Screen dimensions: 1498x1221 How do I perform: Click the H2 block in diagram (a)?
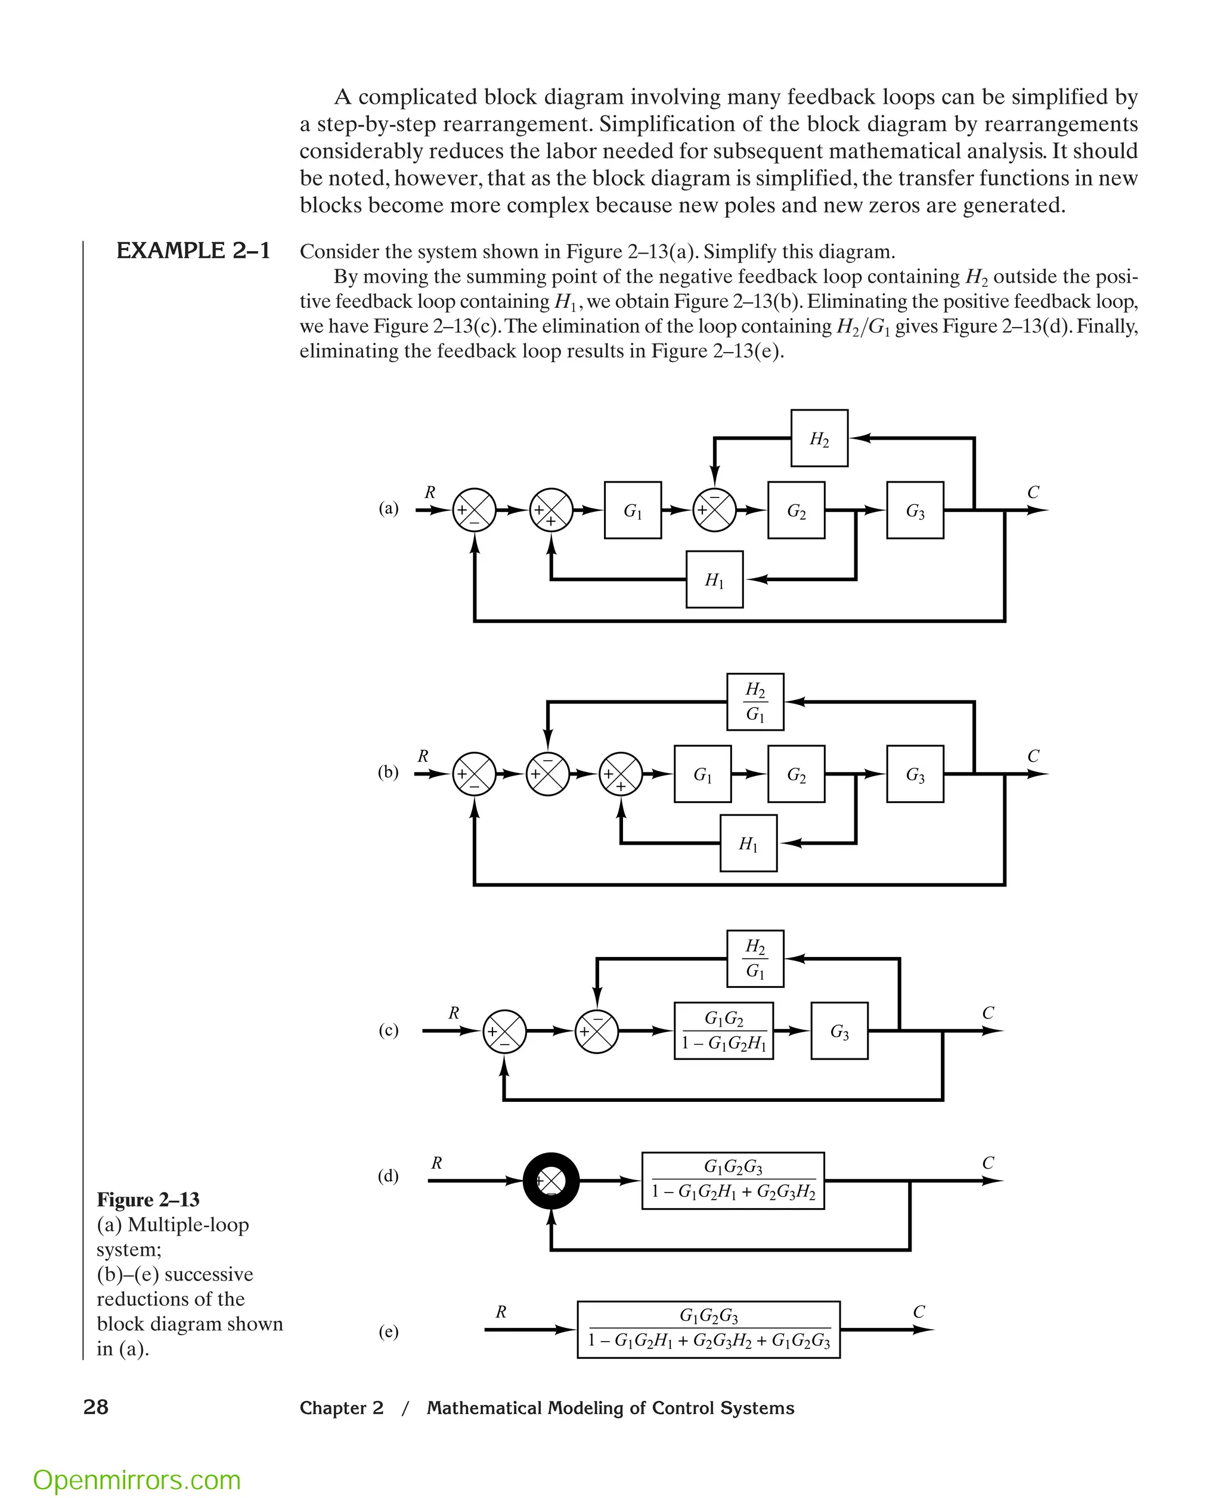(819, 438)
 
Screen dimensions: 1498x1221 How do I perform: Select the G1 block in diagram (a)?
(633, 510)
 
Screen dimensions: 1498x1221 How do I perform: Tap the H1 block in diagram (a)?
(714, 579)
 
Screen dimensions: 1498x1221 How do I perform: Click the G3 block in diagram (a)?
(915, 510)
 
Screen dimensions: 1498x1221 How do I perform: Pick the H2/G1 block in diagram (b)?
(755, 702)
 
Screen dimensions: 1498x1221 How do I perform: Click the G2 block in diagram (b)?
(795, 774)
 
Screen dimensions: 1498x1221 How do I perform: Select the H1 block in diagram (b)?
(748, 843)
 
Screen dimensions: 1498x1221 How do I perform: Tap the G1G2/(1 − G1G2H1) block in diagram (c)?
(723, 1031)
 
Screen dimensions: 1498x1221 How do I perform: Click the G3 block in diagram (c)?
(839, 1031)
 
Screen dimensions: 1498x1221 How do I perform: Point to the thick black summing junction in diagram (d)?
(551, 1181)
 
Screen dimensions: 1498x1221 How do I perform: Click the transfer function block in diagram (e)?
(708, 1329)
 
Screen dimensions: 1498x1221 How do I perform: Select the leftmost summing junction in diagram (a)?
(474, 510)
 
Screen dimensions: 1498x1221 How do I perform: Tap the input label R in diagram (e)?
(501, 1311)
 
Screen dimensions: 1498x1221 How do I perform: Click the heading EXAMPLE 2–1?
(193, 251)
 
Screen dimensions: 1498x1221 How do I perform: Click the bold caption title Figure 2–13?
(148, 1199)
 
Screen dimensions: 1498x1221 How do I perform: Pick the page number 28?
(95, 1407)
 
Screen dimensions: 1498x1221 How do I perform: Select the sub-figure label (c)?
(388, 1030)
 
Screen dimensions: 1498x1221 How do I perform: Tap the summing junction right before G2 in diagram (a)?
(715, 510)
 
